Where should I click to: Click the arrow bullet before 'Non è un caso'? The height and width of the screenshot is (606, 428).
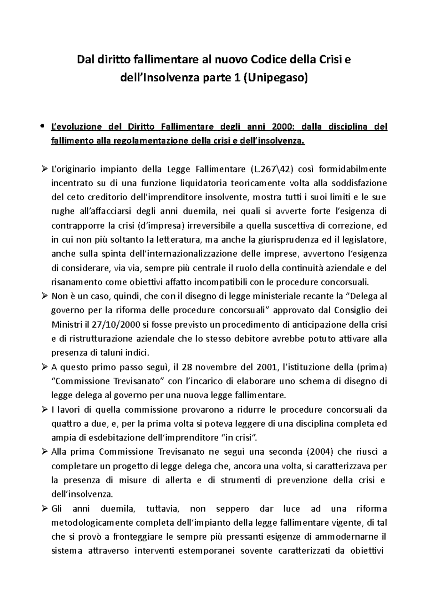(44, 296)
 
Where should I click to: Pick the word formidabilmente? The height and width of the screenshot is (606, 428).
(353, 169)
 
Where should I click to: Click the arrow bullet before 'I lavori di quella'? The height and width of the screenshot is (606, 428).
(44, 409)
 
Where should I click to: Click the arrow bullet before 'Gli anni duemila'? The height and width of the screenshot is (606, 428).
(44, 508)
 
